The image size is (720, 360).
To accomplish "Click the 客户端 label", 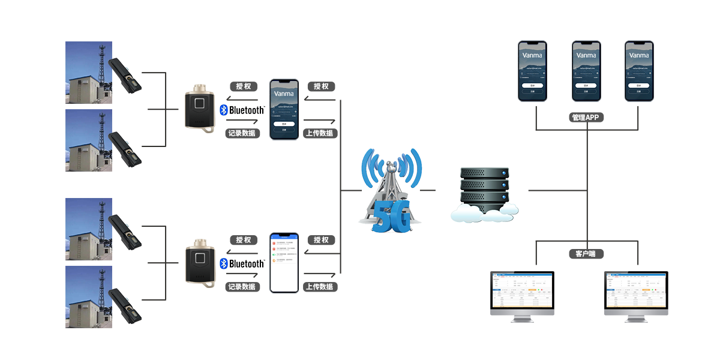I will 586,254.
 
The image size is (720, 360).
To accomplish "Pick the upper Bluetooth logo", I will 242,110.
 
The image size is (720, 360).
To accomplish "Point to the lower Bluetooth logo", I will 242,264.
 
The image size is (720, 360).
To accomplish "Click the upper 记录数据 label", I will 243,133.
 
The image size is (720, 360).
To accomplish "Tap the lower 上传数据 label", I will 320,287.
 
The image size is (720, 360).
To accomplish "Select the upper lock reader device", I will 200,108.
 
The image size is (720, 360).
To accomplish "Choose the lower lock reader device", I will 200,263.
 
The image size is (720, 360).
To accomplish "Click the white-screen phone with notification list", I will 284,262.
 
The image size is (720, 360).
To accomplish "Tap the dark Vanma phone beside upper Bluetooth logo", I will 284,109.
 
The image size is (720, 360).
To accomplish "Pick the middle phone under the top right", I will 586,70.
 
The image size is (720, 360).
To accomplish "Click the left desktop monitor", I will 522,296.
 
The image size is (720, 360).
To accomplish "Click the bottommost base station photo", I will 89,296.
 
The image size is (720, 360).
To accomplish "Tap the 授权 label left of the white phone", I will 243,240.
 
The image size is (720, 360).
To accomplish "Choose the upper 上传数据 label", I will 320,133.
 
